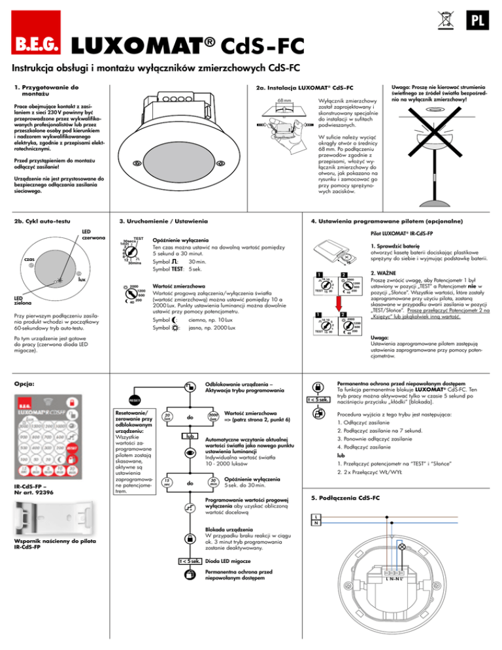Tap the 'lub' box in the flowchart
click(x=188, y=435)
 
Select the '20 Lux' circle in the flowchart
click(x=169, y=415)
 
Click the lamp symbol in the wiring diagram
click(x=402, y=545)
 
